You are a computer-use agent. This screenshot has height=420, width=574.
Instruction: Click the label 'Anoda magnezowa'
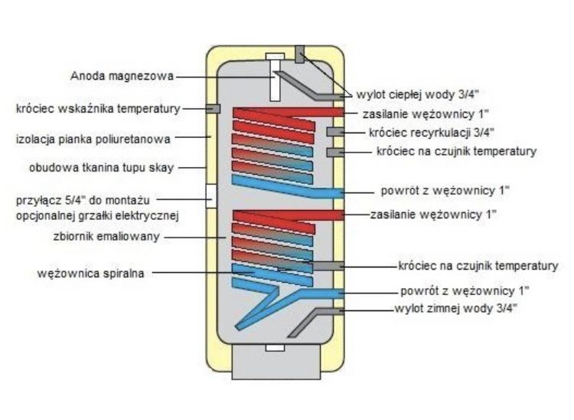[x=122, y=76]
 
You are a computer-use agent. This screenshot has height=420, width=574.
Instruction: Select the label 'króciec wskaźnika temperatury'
[x=98, y=109]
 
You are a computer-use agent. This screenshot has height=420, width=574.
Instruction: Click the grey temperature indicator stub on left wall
[x=213, y=109]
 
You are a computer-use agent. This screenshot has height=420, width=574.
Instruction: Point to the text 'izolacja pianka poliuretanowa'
[x=93, y=139]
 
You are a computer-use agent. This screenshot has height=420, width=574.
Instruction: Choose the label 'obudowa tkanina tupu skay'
[x=101, y=168]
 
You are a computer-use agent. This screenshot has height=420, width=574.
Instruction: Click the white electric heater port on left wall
[x=211, y=195]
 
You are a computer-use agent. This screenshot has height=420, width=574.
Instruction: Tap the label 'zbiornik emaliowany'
[x=106, y=236]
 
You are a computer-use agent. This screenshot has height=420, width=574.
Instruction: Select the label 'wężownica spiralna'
[x=91, y=274]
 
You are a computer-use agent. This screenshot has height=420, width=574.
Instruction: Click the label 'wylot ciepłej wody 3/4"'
[x=417, y=94]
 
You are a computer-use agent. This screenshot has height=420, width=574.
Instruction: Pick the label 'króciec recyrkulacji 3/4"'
[x=431, y=133]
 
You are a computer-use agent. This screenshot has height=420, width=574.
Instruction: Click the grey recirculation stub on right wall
[x=335, y=132]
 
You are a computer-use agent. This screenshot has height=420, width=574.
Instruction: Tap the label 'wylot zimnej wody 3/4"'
[x=456, y=309]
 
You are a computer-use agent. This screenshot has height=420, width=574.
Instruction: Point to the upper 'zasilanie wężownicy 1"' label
[x=426, y=114]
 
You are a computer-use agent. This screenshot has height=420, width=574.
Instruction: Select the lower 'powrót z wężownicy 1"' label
[x=465, y=291]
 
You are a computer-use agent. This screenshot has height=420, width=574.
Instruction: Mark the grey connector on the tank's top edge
[x=300, y=54]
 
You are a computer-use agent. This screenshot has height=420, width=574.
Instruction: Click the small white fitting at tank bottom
[x=275, y=347]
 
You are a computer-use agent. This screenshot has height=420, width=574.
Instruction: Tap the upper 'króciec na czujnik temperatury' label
[x=456, y=151]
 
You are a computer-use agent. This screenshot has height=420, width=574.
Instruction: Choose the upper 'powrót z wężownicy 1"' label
[x=445, y=191]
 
